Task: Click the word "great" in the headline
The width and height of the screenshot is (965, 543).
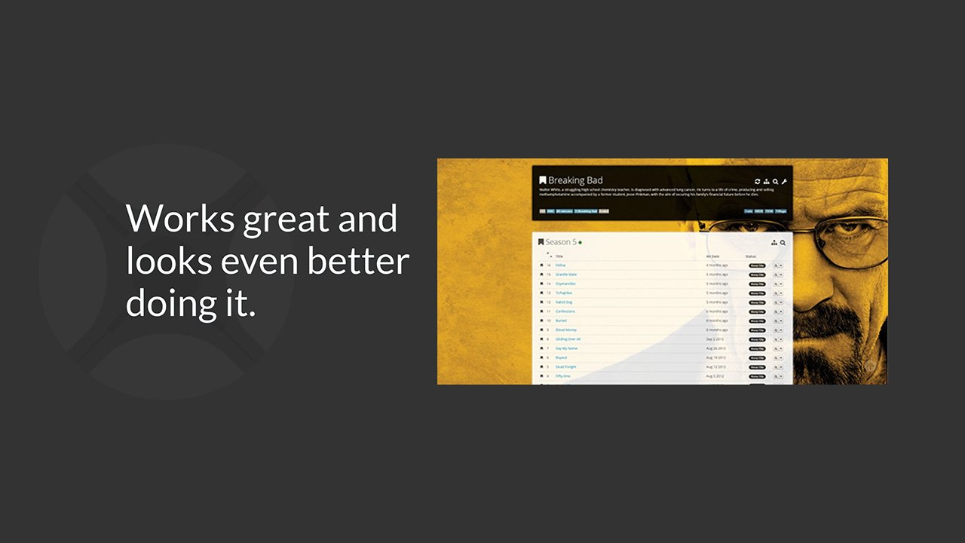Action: tap(284, 219)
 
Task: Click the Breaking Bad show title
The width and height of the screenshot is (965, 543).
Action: tap(575, 180)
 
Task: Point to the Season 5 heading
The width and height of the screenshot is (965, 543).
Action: tap(561, 242)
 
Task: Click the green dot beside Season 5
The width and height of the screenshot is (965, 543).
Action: tap(580, 243)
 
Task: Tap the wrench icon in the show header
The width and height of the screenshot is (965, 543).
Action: tap(784, 181)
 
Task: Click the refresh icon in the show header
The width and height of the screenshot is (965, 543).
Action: tap(757, 181)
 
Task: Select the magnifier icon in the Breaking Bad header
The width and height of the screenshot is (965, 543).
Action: tap(775, 181)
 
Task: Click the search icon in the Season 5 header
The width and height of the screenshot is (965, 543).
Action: tap(783, 243)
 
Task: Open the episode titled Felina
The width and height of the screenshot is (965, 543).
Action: tap(560, 265)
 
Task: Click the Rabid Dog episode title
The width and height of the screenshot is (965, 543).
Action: tap(563, 302)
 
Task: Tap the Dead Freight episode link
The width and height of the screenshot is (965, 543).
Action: tap(565, 367)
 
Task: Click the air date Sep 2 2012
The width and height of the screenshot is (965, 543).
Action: tap(715, 339)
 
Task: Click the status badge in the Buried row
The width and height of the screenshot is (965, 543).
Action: tap(756, 321)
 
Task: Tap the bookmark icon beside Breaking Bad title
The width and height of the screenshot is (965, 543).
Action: tap(542, 180)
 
